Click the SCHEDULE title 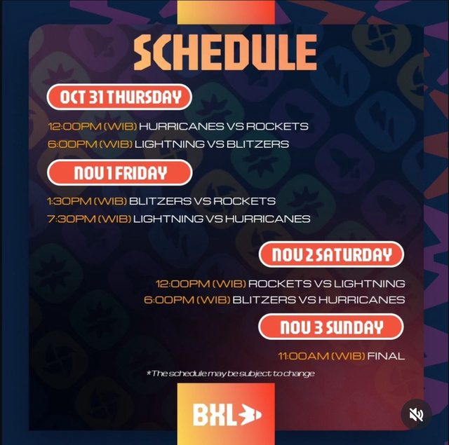point(225,53)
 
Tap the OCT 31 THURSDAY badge point(119,97)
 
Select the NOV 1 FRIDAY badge point(120,172)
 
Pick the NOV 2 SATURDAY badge point(331,254)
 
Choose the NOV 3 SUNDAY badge point(331,327)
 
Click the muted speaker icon point(416,414)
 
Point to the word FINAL point(386,356)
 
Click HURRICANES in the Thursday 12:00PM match point(182,126)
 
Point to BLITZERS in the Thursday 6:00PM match point(257,144)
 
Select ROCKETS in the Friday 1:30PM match point(244,201)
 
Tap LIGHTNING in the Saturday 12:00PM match point(370,284)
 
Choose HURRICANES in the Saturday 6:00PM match point(362,300)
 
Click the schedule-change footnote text point(231,374)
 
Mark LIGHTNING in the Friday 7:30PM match point(168,219)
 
